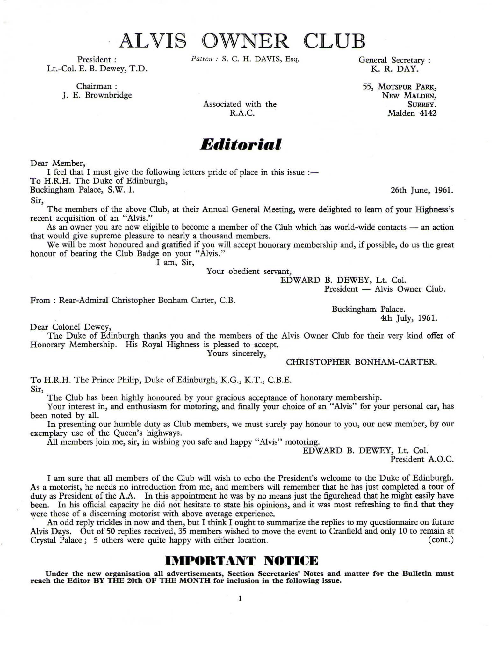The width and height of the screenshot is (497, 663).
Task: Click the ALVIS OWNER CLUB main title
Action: [242, 41]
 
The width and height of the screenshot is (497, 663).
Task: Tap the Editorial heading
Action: [241, 144]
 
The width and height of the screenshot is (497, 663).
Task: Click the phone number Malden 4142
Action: [412, 113]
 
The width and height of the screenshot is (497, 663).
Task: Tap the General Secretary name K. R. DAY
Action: [394, 69]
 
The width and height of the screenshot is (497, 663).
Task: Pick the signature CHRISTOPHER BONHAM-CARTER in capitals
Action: [361, 362]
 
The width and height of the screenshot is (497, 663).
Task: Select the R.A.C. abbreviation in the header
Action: [240, 113]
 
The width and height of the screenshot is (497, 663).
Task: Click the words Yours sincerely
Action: [236, 353]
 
